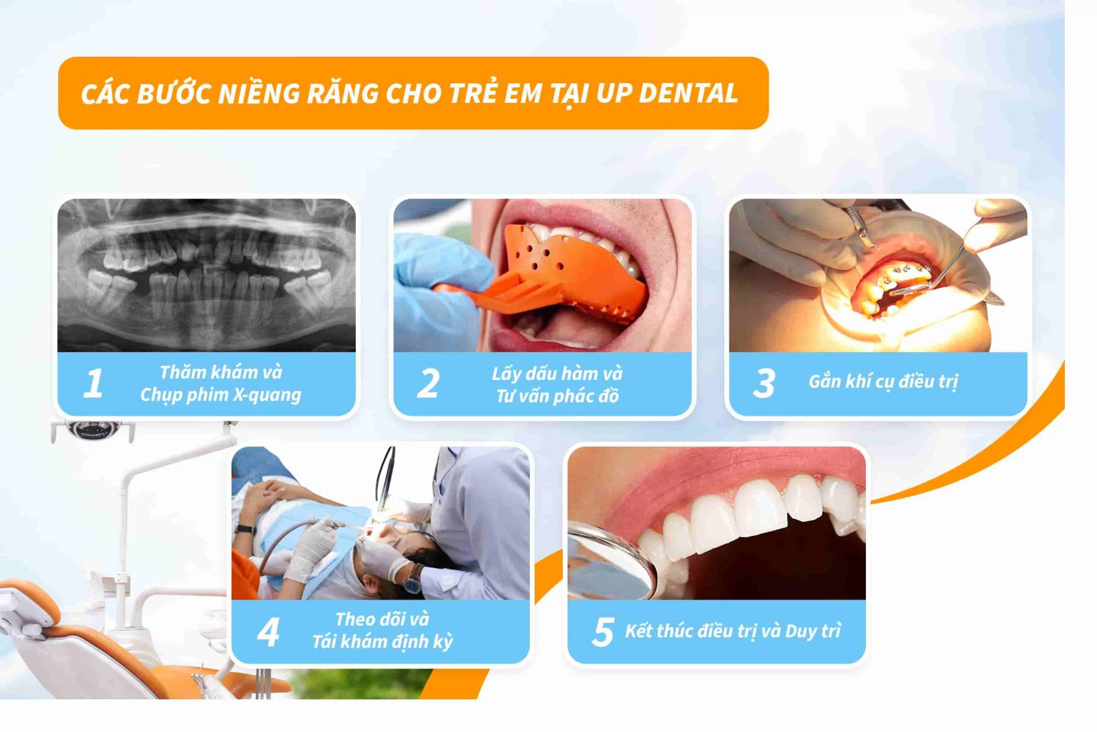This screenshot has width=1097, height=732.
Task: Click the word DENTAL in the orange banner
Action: (688, 93)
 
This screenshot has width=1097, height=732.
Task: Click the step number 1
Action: (93, 383)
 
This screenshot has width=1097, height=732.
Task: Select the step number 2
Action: (429, 383)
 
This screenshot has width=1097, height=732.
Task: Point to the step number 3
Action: (764, 383)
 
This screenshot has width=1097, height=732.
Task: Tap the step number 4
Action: (268, 632)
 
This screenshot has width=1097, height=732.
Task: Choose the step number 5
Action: (603, 632)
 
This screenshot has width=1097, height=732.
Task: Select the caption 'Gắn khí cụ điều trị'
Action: (883, 381)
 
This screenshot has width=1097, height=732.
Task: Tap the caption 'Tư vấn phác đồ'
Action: (557, 396)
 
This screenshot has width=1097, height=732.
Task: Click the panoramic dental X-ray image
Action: (206, 274)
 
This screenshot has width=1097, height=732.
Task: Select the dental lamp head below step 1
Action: (93, 431)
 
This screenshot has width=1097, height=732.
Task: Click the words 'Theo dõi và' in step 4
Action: (382, 619)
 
